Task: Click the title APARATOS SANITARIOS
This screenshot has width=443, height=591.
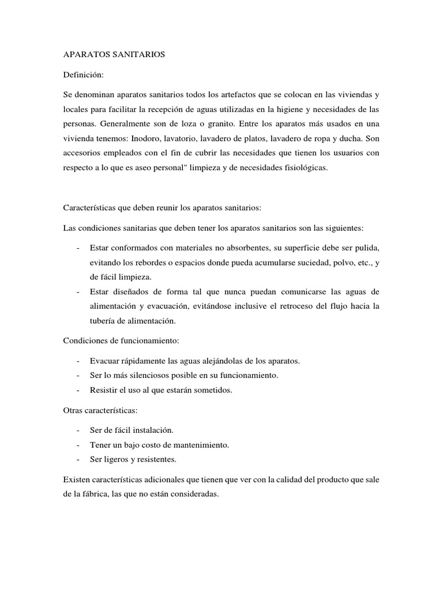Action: [x=114, y=54]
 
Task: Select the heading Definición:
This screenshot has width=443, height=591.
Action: [x=83, y=74]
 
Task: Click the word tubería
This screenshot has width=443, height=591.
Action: [x=104, y=321]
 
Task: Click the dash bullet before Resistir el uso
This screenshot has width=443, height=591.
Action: [x=77, y=390]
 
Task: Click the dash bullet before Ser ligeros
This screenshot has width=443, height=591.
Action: [x=77, y=460]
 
